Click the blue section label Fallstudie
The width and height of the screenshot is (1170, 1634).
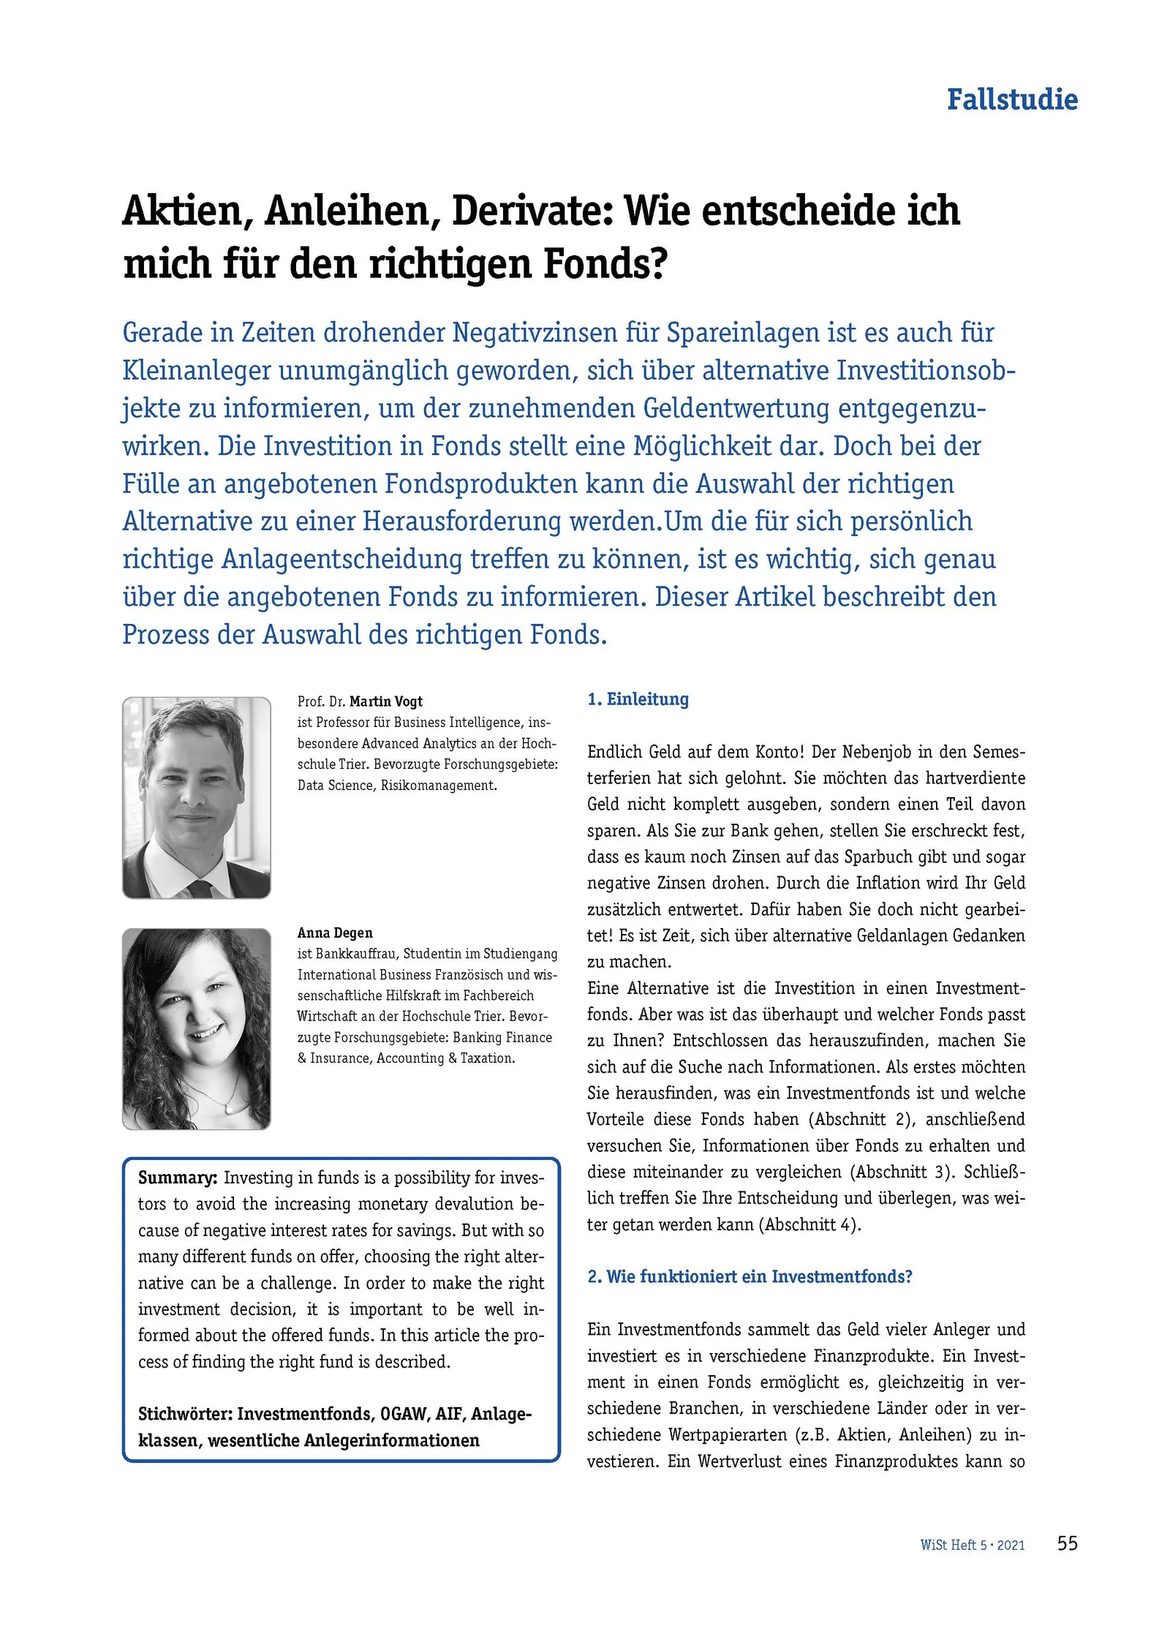tap(1011, 99)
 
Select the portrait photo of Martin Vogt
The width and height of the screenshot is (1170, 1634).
tap(196, 797)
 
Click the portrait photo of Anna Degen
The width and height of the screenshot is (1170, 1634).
tap(196, 1028)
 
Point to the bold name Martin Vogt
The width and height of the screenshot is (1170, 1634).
tap(385, 701)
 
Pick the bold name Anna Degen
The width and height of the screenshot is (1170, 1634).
tap(334, 933)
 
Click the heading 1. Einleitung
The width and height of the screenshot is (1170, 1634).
tap(638, 699)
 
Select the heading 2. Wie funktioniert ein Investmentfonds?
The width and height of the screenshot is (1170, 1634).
tap(750, 1276)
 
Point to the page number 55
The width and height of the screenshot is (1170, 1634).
tap(1067, 1543)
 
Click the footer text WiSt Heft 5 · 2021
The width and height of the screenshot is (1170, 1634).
tap(972, 1545)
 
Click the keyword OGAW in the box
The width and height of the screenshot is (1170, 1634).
tap(404, 1414)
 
